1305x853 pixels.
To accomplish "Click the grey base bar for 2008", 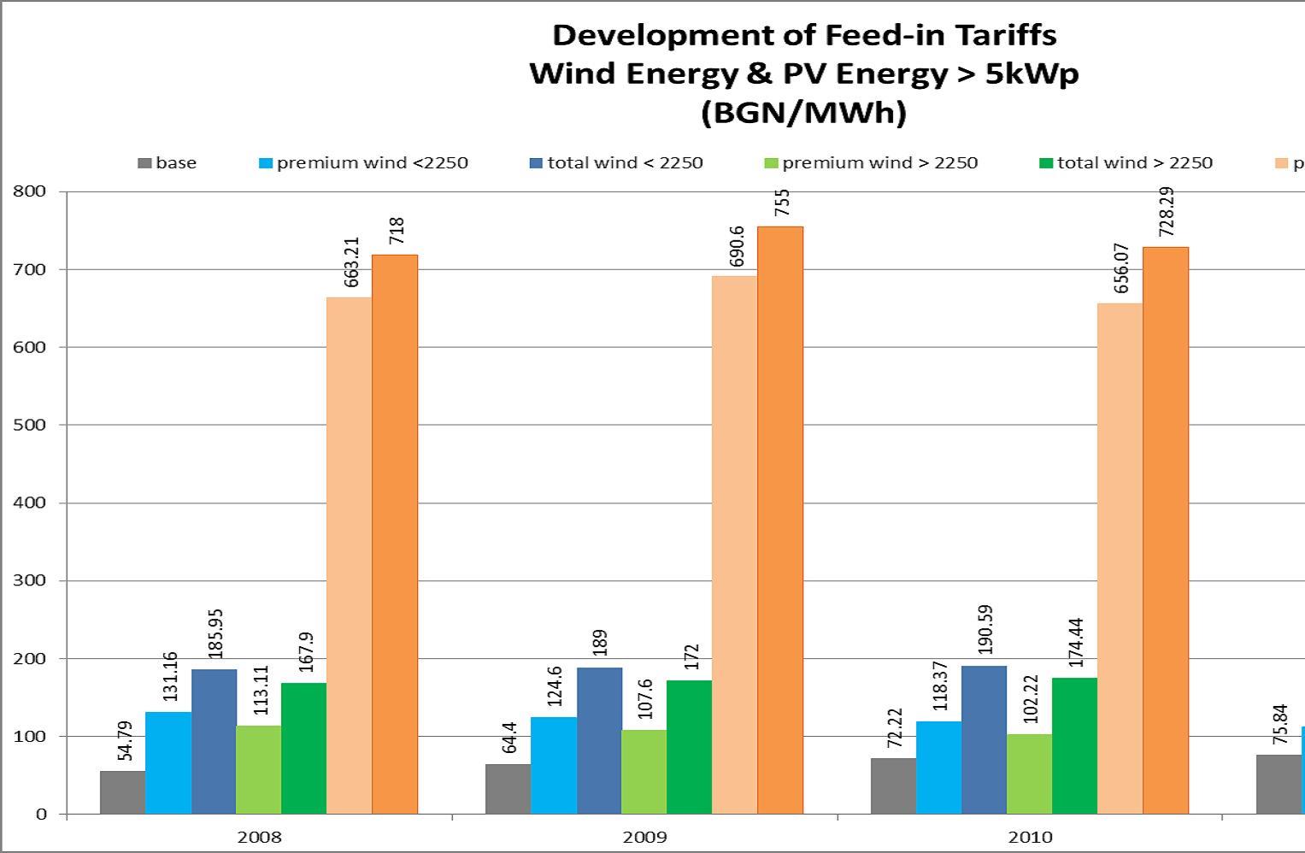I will (122, 792).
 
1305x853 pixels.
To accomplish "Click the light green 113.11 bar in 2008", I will (258, 769).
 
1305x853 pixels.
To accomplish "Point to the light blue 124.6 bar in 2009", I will (554, 765).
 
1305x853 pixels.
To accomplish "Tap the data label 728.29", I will (1167, 212).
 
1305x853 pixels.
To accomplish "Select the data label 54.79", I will (125, 741).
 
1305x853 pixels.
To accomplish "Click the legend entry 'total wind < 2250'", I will (625, 163).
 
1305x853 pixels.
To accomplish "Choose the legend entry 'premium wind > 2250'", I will (879, 163).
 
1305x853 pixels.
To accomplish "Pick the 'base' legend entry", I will (175, 163).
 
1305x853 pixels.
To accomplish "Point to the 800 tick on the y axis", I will (30, 191).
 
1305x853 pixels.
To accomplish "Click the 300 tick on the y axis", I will (30, 580).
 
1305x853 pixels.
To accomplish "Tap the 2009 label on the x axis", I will (644, 837).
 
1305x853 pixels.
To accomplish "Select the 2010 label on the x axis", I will (1030, 837).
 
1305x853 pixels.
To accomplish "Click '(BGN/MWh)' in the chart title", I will (803, 113).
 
